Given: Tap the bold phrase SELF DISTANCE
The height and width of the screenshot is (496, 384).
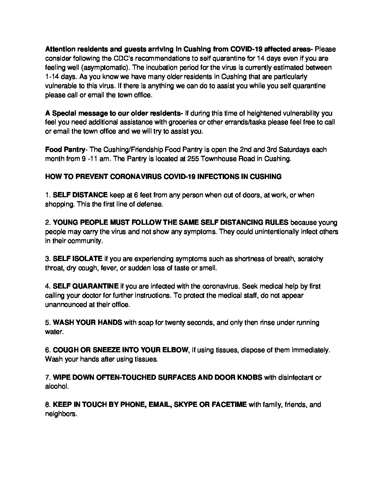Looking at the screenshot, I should point(80,195).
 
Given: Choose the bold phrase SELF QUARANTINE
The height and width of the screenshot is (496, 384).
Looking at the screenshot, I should point(86,286).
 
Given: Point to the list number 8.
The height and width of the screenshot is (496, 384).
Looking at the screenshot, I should point(48,404).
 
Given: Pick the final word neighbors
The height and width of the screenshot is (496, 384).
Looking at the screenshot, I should point(60,414).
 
